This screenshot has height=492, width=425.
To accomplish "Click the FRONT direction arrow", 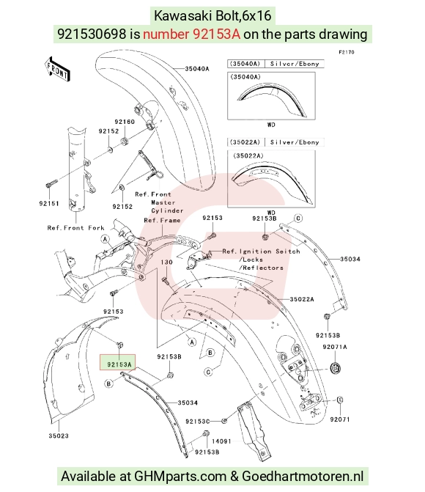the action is [x=57, y=70].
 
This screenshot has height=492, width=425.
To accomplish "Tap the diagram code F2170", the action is [x=347, y=52].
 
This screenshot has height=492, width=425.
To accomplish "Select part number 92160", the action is [x=125, y=122].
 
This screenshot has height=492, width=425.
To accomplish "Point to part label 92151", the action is [x=49, y=203].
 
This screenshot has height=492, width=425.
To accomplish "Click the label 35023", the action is [x=59, y=436].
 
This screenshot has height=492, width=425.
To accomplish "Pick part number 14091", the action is [x=221, y=441].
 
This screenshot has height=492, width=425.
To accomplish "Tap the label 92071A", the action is [x=335, y=347].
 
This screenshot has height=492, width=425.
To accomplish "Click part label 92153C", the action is [x=198, y=422].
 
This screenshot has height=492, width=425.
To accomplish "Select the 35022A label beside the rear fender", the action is [x=302, y=299].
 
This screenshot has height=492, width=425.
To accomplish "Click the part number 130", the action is [x=166, y=262].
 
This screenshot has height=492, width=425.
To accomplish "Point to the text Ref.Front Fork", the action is [x=75, y=228].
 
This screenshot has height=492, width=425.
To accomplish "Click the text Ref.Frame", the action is [x=162, y=220].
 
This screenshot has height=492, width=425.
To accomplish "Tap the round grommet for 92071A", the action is [x=336, y=368].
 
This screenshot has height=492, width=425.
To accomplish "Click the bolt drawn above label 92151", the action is [x=51, y=183].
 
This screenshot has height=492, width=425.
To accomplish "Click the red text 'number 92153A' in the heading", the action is [x=192, y=34].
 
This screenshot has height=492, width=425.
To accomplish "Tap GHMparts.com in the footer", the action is [x=180, y=477].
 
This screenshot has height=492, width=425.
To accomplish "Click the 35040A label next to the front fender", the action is [x=196, y=69].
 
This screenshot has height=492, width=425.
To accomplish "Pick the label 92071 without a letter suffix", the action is [x=340, y=419].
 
